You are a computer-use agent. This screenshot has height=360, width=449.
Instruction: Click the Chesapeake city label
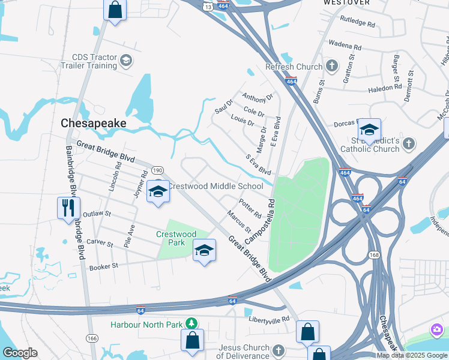(x=94, y=123)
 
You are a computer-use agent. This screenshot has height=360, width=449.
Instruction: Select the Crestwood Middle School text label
(x=215, y=186)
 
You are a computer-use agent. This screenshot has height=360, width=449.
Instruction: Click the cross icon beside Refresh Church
(x=331, y=66)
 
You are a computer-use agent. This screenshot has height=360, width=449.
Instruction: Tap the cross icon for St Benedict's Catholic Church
(x=409, y=143)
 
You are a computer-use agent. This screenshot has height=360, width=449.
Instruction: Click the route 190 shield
(x=158, y=170)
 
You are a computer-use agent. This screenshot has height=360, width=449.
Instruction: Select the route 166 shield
(x=92, y=338)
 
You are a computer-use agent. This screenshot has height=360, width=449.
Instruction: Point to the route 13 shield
(x=206, y=5)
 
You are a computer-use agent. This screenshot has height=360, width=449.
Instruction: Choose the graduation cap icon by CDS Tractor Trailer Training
(x=126, y=61)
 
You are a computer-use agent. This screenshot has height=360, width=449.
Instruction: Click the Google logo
(x=20, y=353)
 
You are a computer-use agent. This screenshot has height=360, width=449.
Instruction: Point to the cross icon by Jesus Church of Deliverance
(x=278, y=350)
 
